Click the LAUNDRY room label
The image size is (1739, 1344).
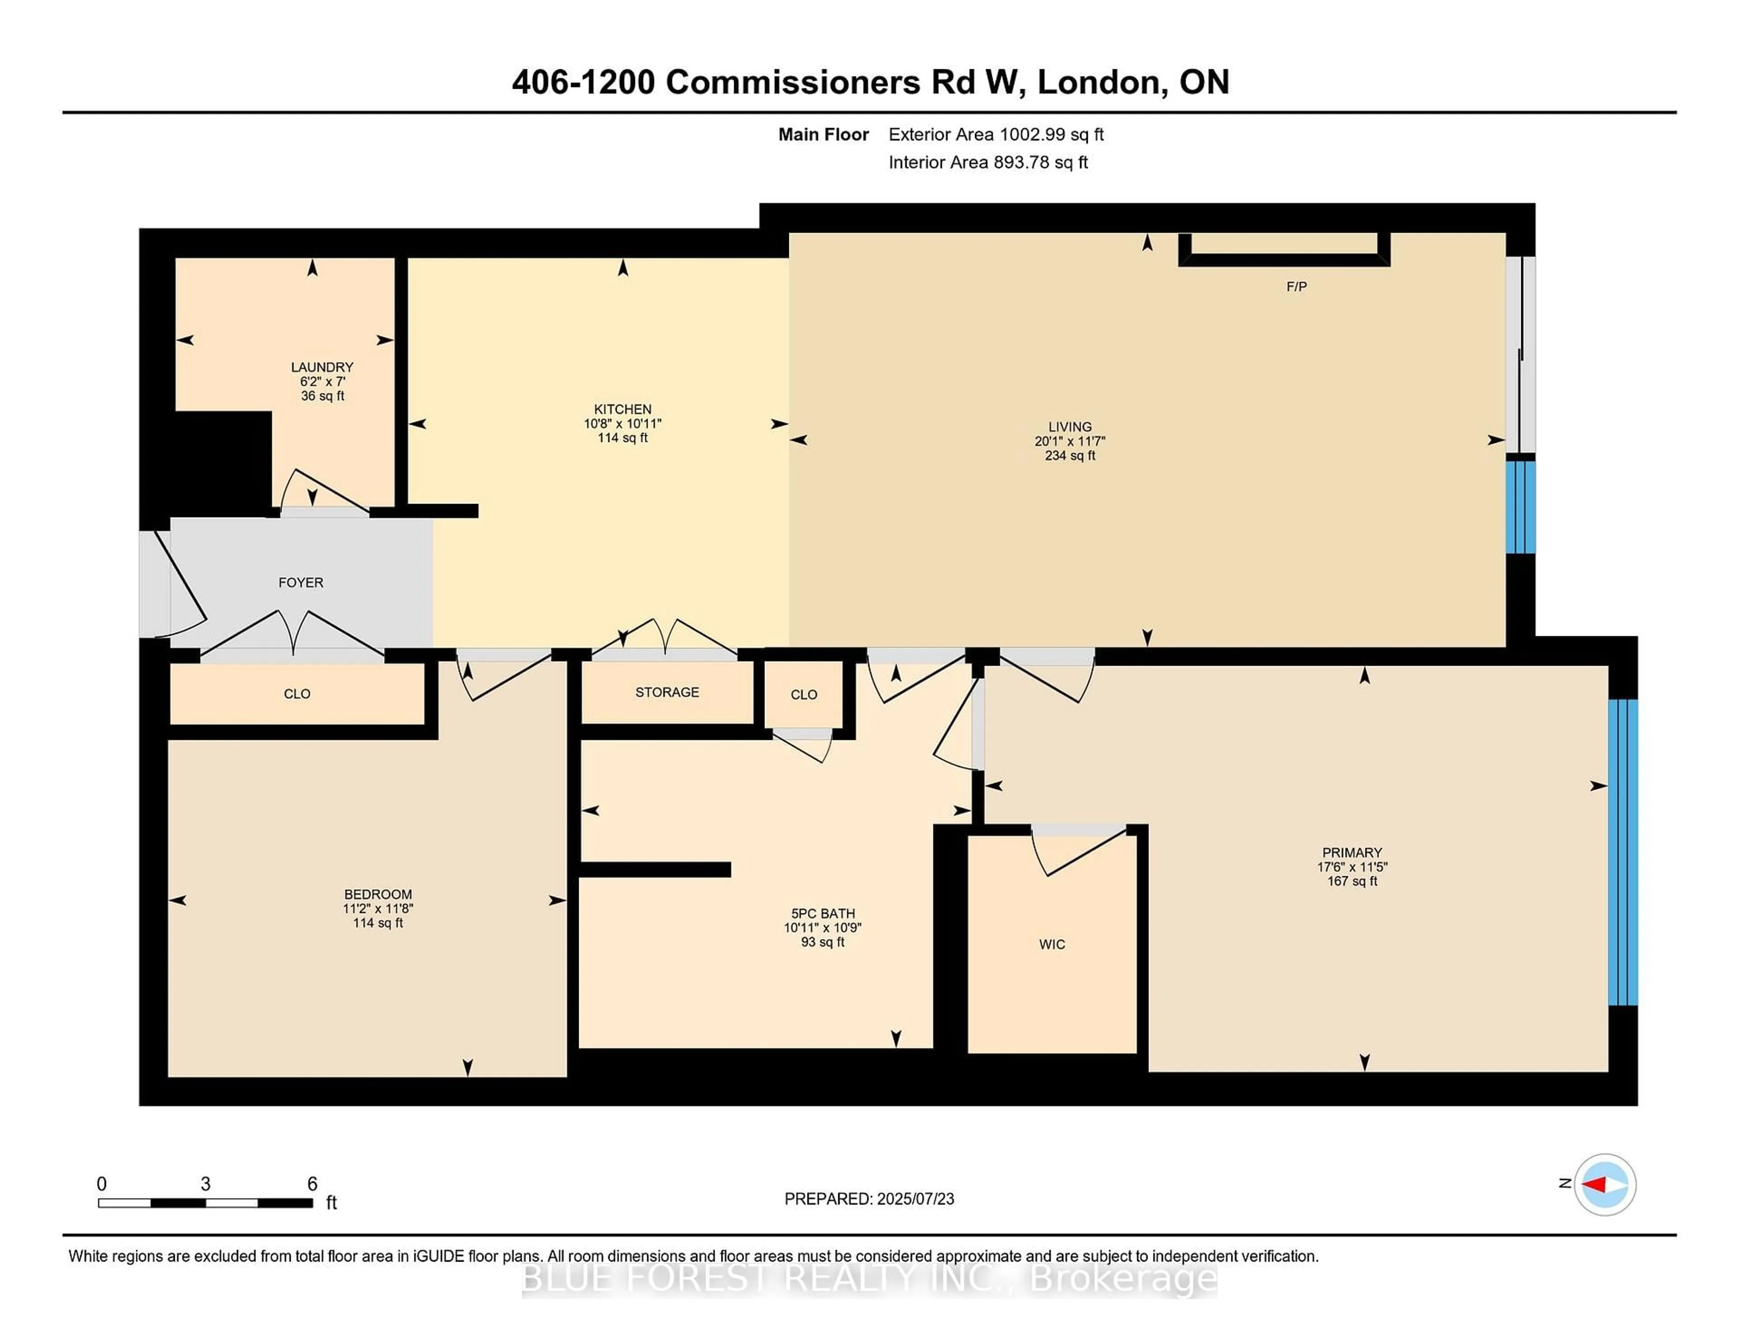[x=322, y=367]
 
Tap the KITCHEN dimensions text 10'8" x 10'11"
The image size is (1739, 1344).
[x=623, y=423]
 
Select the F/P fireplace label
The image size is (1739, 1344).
[x=1296, y=287]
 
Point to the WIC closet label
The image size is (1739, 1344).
[x=1052, y=944]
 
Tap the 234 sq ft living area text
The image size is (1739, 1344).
[x=1070, y=456]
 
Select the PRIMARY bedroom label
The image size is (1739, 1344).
[x=1352, y=852]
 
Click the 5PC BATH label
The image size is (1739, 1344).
[x=822, y=913]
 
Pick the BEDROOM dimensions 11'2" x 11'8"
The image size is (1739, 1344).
[x=378, y=908]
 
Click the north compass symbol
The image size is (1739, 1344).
[x=1604, y=1185]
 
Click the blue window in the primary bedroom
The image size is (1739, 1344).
[x=1623, y=852]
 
